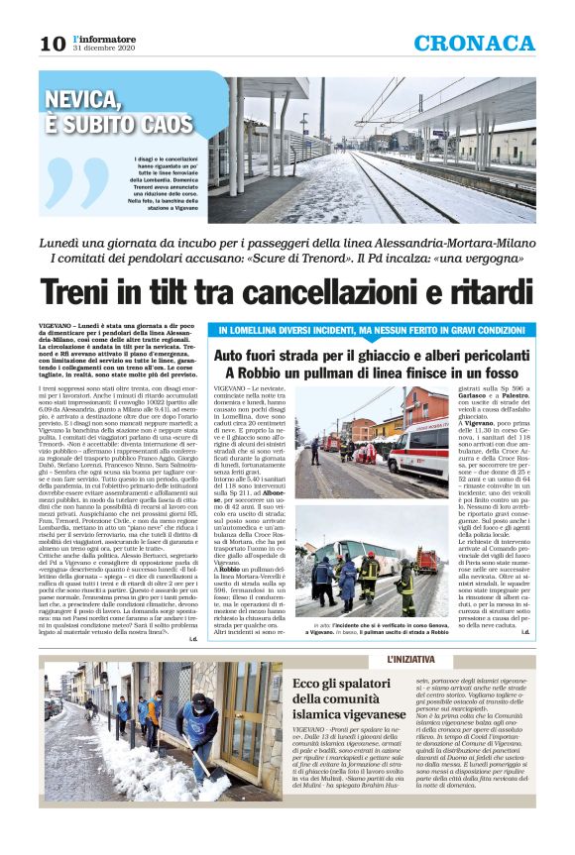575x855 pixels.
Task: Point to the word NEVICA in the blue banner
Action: pyautogui.click(x=90, y=100)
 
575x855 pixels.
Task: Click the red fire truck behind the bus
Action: pyautogui.click(x=427, y=563)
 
